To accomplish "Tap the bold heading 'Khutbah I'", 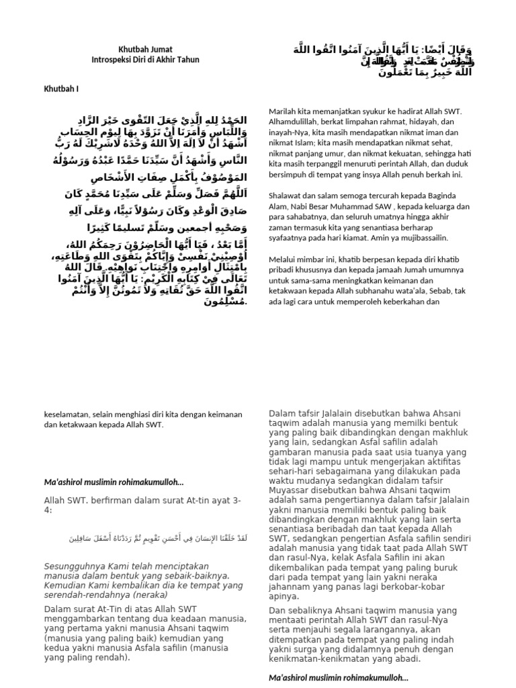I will [62, 89].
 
